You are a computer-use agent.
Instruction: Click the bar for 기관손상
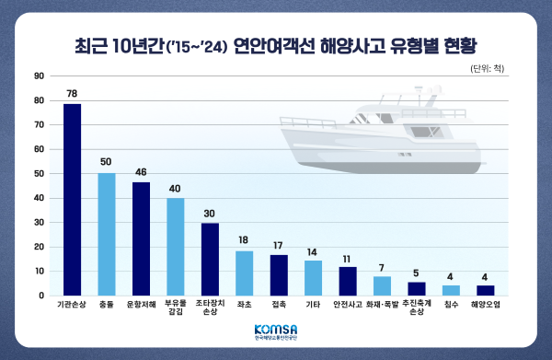click(x=72, y=200)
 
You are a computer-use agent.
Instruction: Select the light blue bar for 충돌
click(x=107, y=234)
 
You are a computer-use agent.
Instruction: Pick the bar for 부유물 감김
click(x=175, y=247)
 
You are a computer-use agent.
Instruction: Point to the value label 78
click(x=72, y=94)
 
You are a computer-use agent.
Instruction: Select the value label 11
click(x=347, y=258)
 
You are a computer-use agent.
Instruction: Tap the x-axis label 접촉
click(x=279, y=304)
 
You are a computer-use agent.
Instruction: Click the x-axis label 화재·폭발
click(x=382, y=304)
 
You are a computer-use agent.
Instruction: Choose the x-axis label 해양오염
click(x=485, y=304)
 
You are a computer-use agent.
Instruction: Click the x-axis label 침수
click(x=451, y=304)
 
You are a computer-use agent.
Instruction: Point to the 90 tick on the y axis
click(x=39, y=75)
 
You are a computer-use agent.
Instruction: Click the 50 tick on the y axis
click(x=39, y=173)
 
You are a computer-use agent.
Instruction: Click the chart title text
click(x=276, y=43)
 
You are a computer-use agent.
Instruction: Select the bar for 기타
click(x=313, y=278)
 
